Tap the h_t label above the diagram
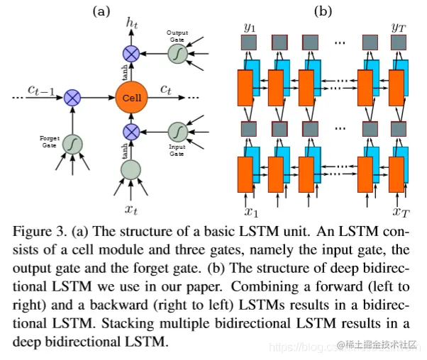pos(131,24)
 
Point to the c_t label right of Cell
pos(165,89)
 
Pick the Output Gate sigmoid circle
pos(177,52)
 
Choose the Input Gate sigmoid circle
pos(177,131)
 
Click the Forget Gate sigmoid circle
pos(72,144)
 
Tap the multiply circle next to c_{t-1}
pos(72,97)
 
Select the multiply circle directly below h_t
pos(131,52)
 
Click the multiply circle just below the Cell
pos(131,131)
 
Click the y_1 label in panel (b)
pos(249,28)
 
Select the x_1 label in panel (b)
pos(250,210)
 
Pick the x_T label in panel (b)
pos(401,210)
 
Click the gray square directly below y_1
pos(248,42)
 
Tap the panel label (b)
pos(323,10)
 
